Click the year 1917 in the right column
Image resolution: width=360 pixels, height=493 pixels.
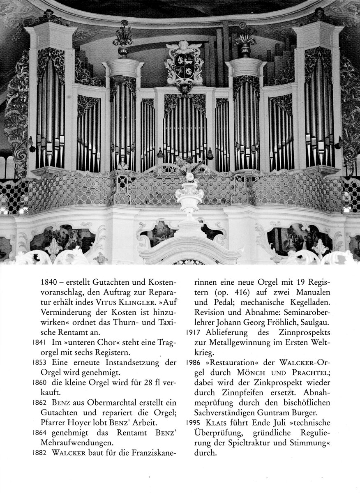(193, 332)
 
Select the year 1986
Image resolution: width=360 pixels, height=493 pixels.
(193, 362)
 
